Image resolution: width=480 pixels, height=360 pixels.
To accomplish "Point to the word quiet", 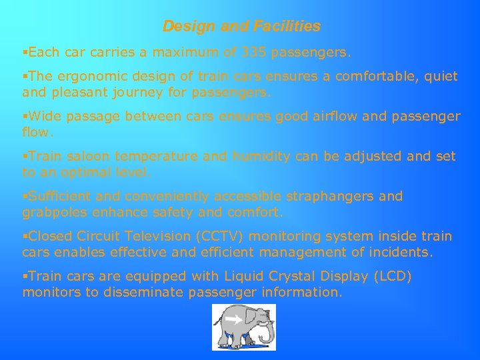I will (x=439, y=77).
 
